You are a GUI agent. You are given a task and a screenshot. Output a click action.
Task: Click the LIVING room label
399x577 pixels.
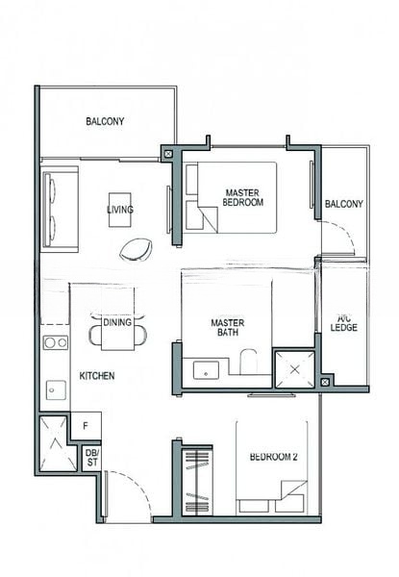pyautogui.click(x=120, y=210)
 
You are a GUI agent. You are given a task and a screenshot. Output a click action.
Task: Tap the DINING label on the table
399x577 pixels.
pyautogui.click(x=117, y=323)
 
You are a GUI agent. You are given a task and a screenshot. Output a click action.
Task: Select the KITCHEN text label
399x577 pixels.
pyautogui.click(x=97, y=376)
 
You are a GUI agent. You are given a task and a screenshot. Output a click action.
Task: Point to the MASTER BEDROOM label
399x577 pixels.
pyautogui.click(x=242, y=197)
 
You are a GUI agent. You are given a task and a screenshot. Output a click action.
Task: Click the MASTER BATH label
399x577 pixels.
pyautogui.click(x=228, y=328)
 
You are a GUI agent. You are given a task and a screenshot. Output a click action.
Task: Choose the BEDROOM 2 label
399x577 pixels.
pyautogui.click(x=274, y=457)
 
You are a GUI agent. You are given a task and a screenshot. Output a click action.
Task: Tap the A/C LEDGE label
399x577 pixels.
pyautogui.click(x=344, y=323)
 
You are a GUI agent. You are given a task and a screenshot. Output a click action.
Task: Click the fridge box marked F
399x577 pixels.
pyautogui.click(x=86, y=426)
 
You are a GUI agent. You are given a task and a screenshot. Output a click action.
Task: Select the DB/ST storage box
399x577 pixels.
pyautogui.click(x=92, y=458)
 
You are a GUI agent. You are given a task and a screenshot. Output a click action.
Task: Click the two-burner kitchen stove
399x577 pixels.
pyautogui.click(x=56, y=342)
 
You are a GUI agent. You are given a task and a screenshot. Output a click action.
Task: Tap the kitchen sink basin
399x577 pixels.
pyautogui.click(x=56, y=390)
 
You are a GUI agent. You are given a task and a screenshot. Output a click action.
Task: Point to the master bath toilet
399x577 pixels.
pyautogui.click(x=249, y=362)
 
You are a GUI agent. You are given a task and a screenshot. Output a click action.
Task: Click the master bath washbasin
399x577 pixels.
pyautogui.click(x=206, y=370)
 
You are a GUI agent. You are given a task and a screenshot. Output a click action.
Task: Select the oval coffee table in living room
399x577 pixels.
pyautogui.click(x=136, y=250)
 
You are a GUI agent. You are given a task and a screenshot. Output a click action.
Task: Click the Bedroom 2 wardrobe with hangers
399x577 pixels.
pyautogui.click(x=197, y=480)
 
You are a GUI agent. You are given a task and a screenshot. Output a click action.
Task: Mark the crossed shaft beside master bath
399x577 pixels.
pyautogui.click(x=294, y=369)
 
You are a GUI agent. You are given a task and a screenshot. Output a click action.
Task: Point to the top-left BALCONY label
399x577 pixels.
pyautogui.click(x=105, y=121)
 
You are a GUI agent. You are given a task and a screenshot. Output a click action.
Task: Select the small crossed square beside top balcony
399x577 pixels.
pyautogui.click(x=168, y=154)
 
